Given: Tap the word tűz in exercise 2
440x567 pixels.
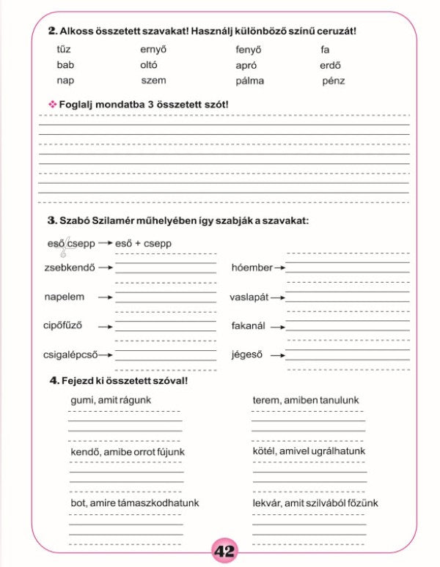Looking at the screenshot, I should tap(64, 50).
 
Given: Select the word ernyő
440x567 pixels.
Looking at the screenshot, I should tap(154, 50).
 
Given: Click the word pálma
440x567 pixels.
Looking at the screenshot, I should tap(249, 81).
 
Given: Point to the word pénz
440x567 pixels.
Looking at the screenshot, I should tap(333, 81).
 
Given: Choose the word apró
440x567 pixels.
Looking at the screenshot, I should tap(246, 65).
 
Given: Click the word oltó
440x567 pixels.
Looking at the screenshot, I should tap(149, 65).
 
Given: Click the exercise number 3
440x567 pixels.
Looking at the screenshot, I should tap(52, 220).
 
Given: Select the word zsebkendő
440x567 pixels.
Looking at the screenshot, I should tap(69, 267).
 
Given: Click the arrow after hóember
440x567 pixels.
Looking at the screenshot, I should tap(279, 268).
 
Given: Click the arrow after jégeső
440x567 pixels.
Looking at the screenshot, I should tap(276, 355).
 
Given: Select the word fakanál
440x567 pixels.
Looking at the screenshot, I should tap(248, 326).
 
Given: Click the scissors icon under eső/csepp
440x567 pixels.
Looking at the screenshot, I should tap(64, 251).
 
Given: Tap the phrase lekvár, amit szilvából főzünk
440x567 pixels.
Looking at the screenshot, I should tap(315, 503).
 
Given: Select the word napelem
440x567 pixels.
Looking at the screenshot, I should tap(65, 297).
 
